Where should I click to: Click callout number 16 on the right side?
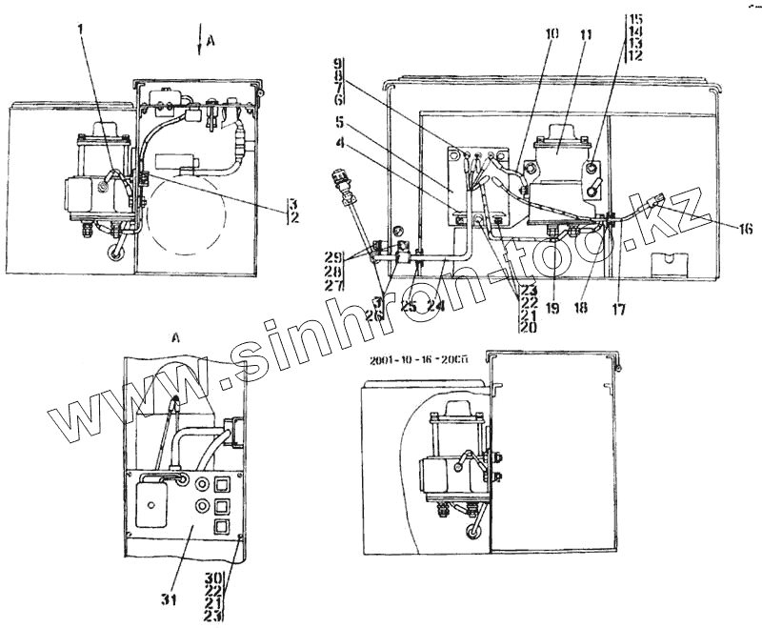tap(743, 228)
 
